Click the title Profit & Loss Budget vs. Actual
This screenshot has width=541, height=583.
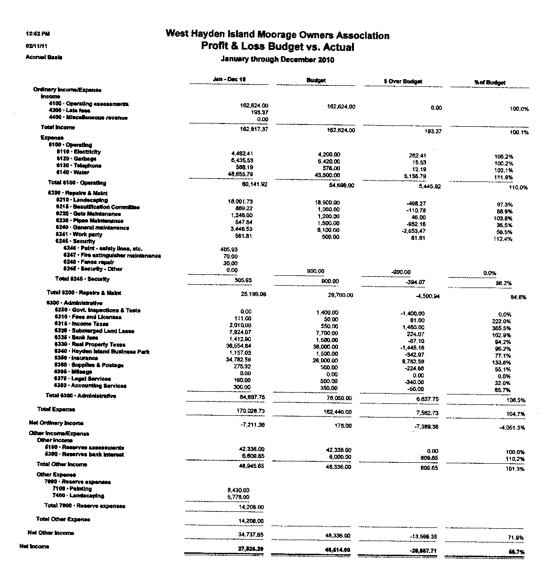[x=277, y=47]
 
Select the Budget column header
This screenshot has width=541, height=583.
[x=316, y=81]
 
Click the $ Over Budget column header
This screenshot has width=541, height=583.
[x=403, y=82]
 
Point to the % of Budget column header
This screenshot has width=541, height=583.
[x=490, y=82]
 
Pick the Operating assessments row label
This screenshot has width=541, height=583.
[x=89, y=104]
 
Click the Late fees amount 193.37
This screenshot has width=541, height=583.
[x=259, y=113]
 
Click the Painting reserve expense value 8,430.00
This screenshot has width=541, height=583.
[x=238, y=490]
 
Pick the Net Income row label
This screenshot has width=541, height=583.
[x=34, y=546]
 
